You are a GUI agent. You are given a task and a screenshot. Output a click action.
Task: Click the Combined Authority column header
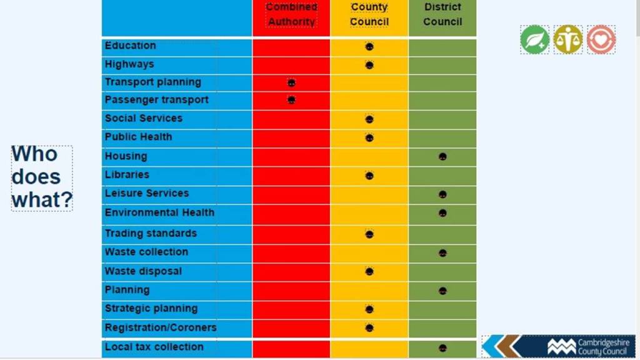(291, 14)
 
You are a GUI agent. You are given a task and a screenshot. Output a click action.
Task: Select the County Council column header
(369, 14)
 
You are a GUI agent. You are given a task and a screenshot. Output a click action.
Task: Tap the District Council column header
(442, 14)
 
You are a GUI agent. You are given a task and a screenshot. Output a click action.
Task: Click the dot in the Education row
(369, 46)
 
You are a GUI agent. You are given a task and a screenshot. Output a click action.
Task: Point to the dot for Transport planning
(291, 82)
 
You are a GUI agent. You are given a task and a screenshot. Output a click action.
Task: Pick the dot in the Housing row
(442, 156)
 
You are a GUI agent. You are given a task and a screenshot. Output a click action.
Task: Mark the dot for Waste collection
(442, 253)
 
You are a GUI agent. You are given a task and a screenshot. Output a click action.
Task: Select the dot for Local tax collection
(442, 348)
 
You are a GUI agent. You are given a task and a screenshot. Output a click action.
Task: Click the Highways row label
(129, 64)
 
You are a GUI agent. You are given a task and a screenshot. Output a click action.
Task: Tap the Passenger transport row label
(157, 100)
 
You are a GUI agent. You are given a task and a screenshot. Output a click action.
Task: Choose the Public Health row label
(138, 137)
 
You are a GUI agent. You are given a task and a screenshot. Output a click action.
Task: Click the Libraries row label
(127, 175)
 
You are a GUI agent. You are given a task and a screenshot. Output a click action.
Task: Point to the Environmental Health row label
(159, 212)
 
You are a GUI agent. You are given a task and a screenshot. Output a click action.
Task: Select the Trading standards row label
(151, 233)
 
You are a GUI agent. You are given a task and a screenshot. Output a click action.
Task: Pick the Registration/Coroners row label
(161, 327)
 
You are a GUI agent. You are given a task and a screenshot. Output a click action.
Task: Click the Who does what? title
(42, 177)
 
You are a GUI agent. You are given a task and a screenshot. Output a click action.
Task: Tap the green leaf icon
(535, 39)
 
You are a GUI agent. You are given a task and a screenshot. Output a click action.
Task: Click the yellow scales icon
(568, 39)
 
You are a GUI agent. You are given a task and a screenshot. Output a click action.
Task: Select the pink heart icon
(601, 39)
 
